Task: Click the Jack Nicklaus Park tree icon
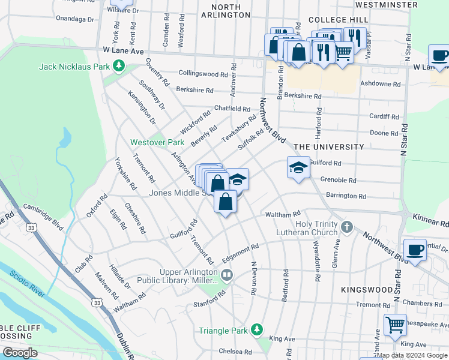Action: click(119, 65)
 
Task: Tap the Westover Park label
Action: click(158, 143)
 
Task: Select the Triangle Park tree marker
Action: click(257, 330)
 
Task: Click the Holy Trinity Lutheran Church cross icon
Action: click(346, 227)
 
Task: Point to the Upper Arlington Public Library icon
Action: click(227, 276)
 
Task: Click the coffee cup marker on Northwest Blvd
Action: click(414, 250)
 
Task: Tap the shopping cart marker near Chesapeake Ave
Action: click(395, 325)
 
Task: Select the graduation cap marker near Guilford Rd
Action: click(298, 168)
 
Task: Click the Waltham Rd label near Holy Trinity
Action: click(282, 214)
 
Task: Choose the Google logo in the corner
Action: click(20, 353)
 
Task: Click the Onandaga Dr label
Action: click(75, 19)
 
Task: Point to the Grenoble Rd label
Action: click(339, 179)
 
